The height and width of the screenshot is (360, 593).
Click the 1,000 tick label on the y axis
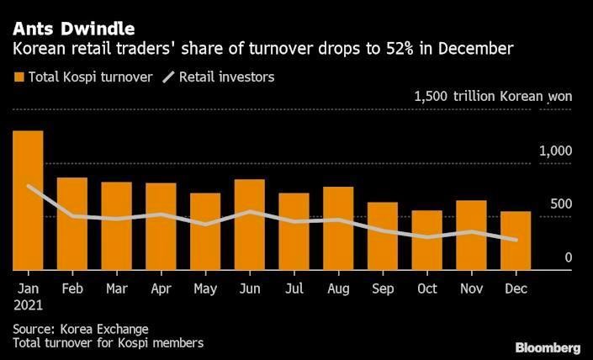555,151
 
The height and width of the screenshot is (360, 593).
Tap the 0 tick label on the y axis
569,257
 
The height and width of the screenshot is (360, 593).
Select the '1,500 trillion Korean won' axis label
493,97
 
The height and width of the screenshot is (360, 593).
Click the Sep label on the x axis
382,288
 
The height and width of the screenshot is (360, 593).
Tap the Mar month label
116,288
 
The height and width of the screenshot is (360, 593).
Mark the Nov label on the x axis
470,288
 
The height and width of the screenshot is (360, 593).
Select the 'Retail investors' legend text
227,77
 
